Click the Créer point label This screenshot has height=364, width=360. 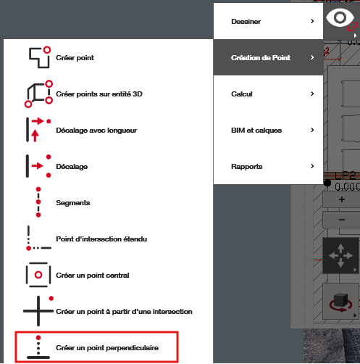pyautogui.click(x=75, y=58)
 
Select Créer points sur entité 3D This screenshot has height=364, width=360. pyautogui.click(x=99, y=94)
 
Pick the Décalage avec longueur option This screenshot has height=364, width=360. pyautogui.click(x=96, y=131)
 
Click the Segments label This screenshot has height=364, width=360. pyautogui.click(x=73, y=203)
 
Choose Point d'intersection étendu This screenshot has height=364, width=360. pyautogui.click(x=101, y=239)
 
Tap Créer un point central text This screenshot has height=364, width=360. pyautogui.click(x=93, y=276)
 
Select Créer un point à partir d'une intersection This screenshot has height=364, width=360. pyautogui.click(x=124, y=312)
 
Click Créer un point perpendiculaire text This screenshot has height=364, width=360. pyautogui.click(x=107, y=348)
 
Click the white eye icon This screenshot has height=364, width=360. pyautogui.click(x=340, y=17)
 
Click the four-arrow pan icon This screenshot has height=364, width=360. pyautogui.click(x=340, y=255)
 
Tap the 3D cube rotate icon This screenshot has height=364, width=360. pyautogui.click(x=340, y=302)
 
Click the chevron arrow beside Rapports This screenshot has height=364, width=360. pyautogui.click(x=312, y=166)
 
